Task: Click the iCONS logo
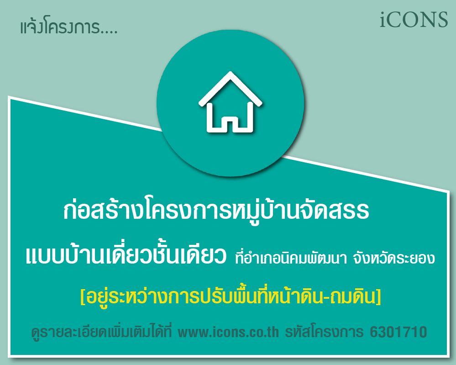pos(414,20)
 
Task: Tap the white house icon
pos(231,102)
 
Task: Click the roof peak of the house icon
pos(231,73)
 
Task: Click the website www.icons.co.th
pos(228,332)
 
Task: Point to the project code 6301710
pos(398,332)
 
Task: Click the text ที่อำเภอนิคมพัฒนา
pos(291,257)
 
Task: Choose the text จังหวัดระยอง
pos(394,258)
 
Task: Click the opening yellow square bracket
pos(83,297)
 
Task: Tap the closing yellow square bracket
pos(378,297)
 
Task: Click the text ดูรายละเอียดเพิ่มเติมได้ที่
pos(102,332)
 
